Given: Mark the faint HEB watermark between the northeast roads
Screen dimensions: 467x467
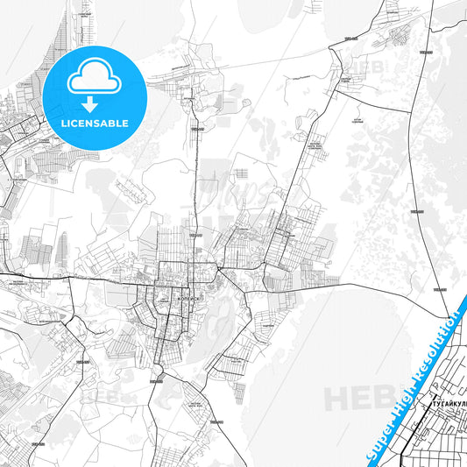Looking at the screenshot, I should pyautogui.click(x=368, y=66).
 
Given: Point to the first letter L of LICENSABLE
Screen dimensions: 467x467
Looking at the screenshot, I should pyautogui.click(x=64, y=123).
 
